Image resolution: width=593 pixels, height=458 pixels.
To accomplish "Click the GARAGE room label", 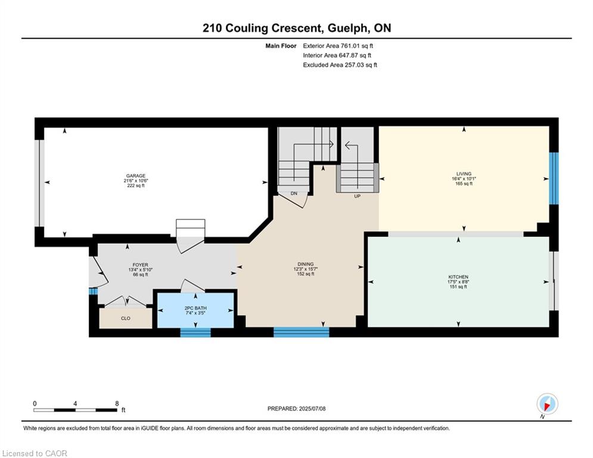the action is pyautogui.click(x=136, y=176).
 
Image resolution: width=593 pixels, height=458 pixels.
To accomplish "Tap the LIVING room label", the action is pyautogui.click(x=464, y=174).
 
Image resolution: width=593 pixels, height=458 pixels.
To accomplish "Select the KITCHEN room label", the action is pyautogui.click(x=458, y=277).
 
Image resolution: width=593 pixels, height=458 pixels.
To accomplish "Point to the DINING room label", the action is pyautogui.click(x=306, y=264).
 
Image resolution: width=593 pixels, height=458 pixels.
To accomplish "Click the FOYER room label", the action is pyautogui.click(x=140, y=265).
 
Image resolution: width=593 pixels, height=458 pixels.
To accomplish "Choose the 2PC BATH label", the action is pyautogui.click(x=195, y=308).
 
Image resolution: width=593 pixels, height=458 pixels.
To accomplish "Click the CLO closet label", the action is pyautogui.click(x=126, y=318).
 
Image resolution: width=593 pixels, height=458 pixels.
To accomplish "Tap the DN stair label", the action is pyautogui.click(x=294, y=193).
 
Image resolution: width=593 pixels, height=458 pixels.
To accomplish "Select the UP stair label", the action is pyautogui.click(x=357, y=196).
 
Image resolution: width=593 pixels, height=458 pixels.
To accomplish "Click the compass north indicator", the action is pyautogui.click(x=547, y=404).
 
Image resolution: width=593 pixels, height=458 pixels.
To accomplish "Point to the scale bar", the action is pyautogui.click(x=75, y=410).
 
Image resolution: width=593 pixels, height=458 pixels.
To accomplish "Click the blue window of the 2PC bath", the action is pyautogui.click(x=195, y=332).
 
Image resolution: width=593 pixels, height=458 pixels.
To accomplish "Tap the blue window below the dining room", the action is pyautogui.click(x=301, y=332).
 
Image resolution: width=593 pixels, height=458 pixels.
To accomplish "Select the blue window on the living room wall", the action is pyautogui.click(x=554, y=178).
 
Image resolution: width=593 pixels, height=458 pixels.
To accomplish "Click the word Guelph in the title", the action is pyautogui.click(x=347, y=29).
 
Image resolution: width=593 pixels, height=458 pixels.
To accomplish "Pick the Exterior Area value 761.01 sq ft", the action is pyautogui.click(x=357, y=46).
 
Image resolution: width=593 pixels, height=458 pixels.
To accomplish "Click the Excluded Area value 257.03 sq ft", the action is pyautogui.click(x=361, y=65).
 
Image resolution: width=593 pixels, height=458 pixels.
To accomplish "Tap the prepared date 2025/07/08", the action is pyautogui.click(x=312, y=409).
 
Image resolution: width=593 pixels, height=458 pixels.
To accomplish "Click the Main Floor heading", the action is pyautogui.click(x=281, y=46).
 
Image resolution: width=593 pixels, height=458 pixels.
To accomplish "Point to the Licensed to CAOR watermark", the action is pyautogui.click(x=35, y=453).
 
